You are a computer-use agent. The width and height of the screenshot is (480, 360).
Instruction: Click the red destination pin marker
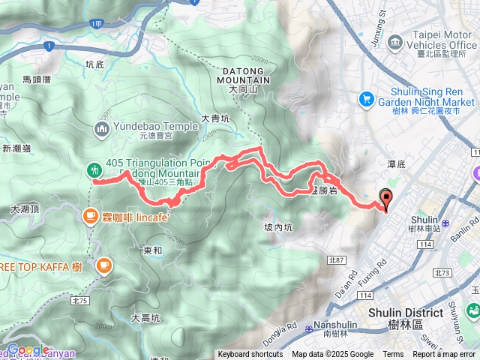click(x=387, y=199)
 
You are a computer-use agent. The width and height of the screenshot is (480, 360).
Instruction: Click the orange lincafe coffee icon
click(x=89, y=217)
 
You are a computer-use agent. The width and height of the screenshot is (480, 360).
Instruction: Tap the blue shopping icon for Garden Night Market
click(x=367, y=97)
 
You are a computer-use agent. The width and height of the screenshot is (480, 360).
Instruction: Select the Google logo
click(x=28, y=349)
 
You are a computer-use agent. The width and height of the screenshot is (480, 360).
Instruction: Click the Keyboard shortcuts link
click(x=250, y=355)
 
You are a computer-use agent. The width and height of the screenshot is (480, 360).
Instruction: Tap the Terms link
click(x=393, y=355)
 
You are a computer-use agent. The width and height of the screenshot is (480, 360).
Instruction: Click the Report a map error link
click(x=445, y=355)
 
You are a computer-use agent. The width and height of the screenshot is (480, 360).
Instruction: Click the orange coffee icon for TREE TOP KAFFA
click(x=102, y=265)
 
